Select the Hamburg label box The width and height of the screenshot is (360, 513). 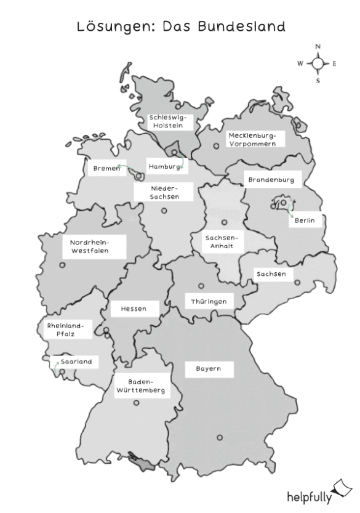tap(164, 166)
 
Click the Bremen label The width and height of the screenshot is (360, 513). tap(106, 168)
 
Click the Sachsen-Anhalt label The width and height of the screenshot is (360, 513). tap(224, 241)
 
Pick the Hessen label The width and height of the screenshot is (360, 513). tap(134, 309)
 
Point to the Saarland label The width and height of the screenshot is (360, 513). tap(76, 362)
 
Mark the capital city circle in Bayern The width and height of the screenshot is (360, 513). tap(218, 438)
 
